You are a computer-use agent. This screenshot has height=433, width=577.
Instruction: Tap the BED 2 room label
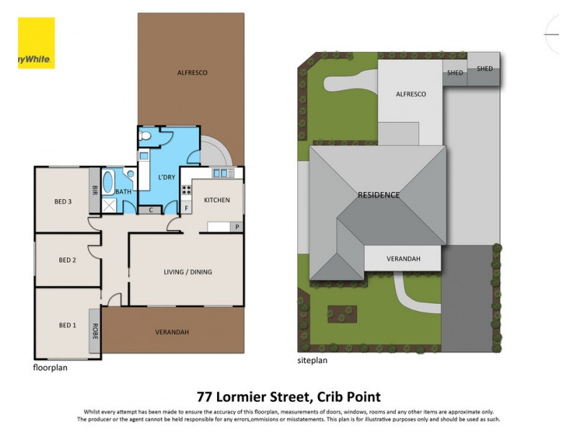67,261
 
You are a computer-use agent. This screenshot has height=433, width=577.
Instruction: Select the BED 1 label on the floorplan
67,325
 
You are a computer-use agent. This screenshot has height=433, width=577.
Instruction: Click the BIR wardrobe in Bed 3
94,191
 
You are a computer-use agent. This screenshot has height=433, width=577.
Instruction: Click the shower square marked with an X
110,206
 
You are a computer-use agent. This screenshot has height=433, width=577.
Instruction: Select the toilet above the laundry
145,136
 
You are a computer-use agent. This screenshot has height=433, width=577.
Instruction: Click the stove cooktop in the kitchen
186,191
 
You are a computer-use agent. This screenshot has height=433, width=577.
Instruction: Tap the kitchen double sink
223,173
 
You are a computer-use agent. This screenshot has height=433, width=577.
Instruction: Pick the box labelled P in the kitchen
237,227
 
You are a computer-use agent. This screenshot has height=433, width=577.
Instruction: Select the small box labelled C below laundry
151,210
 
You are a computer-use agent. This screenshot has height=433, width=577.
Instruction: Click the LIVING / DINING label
187,272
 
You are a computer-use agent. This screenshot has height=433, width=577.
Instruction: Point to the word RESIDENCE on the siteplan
379,195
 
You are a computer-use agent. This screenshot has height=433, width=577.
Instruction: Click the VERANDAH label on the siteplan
403,258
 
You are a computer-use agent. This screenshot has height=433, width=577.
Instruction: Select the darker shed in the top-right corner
483,69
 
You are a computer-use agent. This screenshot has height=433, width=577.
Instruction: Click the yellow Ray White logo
36,43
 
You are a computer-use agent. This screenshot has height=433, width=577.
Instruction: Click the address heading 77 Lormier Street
288,396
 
